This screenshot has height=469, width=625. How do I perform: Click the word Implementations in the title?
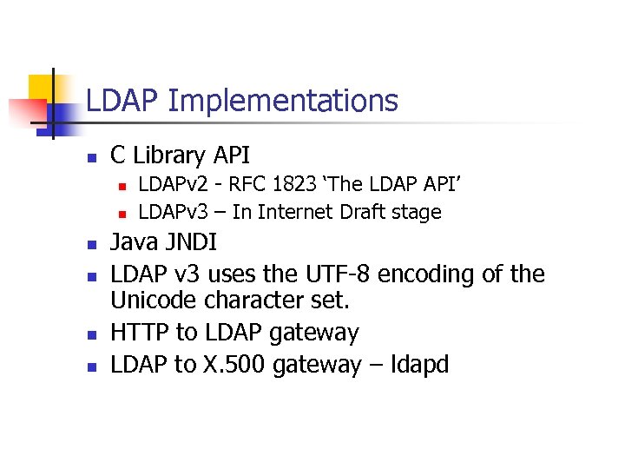tap(283, 102)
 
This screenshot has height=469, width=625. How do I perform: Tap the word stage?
tap(418, 213)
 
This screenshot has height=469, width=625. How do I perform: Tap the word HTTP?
tap(142, 333)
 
